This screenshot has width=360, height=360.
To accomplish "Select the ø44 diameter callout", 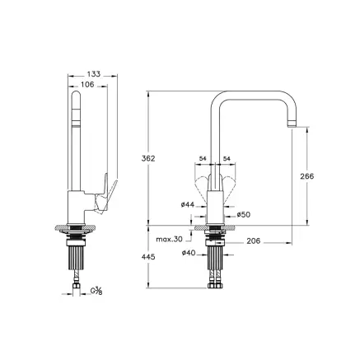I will [186, 203].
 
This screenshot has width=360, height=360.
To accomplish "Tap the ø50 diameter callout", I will [243, 214].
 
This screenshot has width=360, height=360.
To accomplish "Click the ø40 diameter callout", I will [187, 252].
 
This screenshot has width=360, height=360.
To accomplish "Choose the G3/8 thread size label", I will [96, 291].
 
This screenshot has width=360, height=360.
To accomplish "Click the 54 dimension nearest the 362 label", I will [202, 159].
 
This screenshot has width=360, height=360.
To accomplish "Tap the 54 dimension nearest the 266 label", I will [226, 159].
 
